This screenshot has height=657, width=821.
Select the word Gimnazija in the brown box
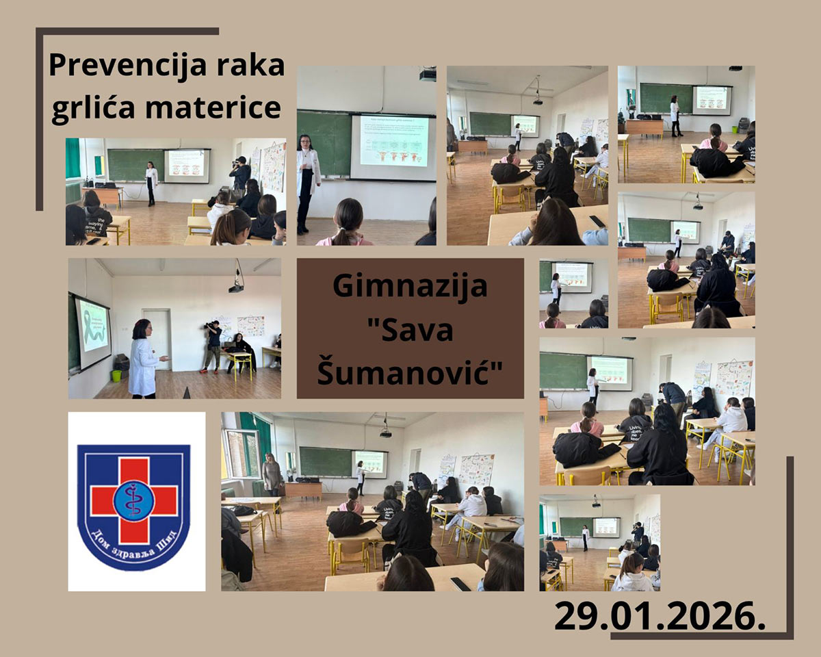click(410, 285)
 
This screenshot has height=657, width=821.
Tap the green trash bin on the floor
click(116, 375)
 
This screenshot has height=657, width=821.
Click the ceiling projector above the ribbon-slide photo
click(236, 286)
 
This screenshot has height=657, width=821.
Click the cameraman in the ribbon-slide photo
click(213, 346)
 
